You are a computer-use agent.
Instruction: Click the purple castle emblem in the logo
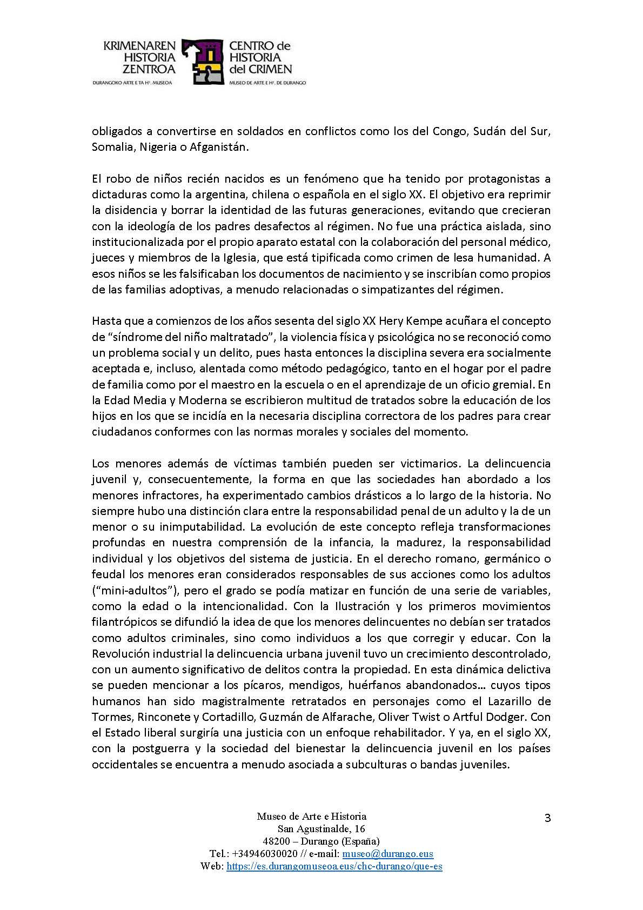coord(203,62)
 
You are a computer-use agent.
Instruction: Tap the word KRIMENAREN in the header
coord(139,47)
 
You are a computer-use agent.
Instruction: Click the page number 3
coord(547,818)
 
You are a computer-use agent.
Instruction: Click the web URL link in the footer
coord(334,866)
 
